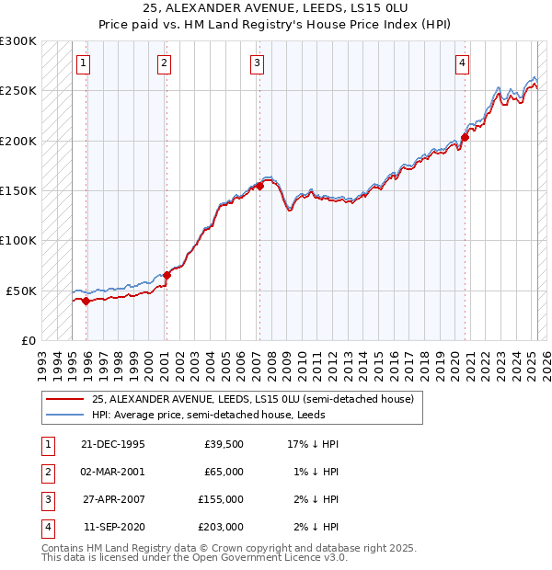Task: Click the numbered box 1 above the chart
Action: click(83, 63)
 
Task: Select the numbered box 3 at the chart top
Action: click(256, 63)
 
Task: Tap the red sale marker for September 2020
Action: click(465, 138)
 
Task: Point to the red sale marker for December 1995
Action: click(86, 301)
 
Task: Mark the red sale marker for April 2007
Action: click(260, 186)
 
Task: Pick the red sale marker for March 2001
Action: click(167, 275)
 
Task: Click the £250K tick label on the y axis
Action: click(18, 91)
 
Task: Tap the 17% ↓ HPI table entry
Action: click(314, 444)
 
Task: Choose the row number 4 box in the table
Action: click(47, 528)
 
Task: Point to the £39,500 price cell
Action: click(224, 444)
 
